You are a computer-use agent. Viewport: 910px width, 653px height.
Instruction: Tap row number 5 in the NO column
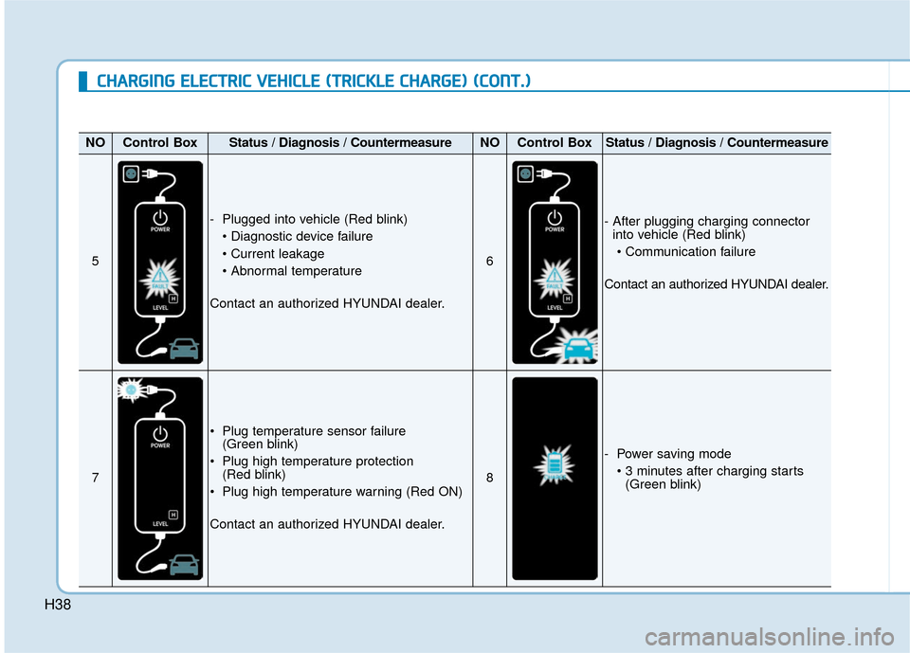[x=96, y=263]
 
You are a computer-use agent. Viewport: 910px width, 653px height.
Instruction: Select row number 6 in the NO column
[x=489, y=263]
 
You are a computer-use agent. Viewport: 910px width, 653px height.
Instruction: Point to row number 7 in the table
[x=96, y=479]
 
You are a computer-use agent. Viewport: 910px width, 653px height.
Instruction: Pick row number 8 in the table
[x=489, y=479]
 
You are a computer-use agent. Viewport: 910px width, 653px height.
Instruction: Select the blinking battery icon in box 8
[x=555, y=466]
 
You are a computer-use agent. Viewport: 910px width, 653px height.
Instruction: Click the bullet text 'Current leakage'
[x=277, y=254]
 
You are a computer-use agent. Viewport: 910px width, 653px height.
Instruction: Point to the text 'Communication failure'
[x=690, y=252]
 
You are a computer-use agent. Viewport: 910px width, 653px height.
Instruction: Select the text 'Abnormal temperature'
[x=295, y=271]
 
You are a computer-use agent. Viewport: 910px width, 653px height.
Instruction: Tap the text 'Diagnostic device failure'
[x=300, y=237]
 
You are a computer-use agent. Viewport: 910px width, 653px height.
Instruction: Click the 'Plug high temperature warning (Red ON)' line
[x=341, y=491]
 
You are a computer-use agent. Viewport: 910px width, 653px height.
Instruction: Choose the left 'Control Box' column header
[x=160, y=143]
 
